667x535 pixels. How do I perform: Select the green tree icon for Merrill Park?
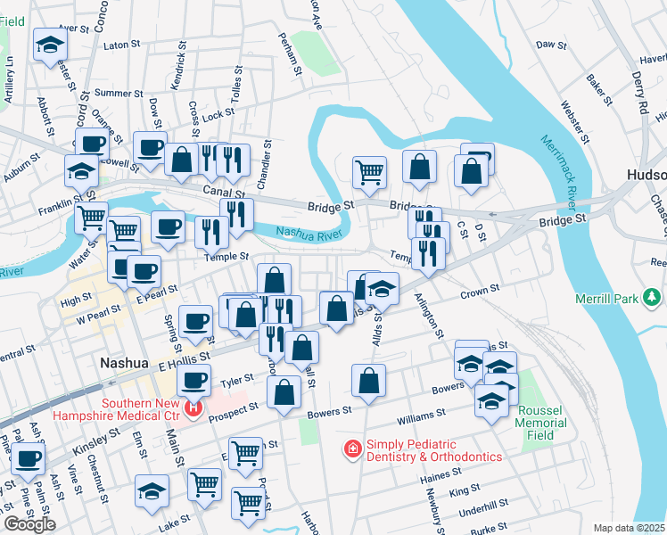tap(654, 295)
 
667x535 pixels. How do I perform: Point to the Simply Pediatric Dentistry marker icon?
tap(353, 448)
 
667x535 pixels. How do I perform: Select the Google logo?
tap(29, 523)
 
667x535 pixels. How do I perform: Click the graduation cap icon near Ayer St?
tap(49, 44)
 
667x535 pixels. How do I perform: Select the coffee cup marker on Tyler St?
tap(192, 381)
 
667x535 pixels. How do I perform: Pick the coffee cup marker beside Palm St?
tap(28, 459)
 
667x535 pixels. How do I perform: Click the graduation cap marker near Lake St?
tap(152, 490)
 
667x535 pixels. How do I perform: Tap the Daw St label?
tap(551, 44)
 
